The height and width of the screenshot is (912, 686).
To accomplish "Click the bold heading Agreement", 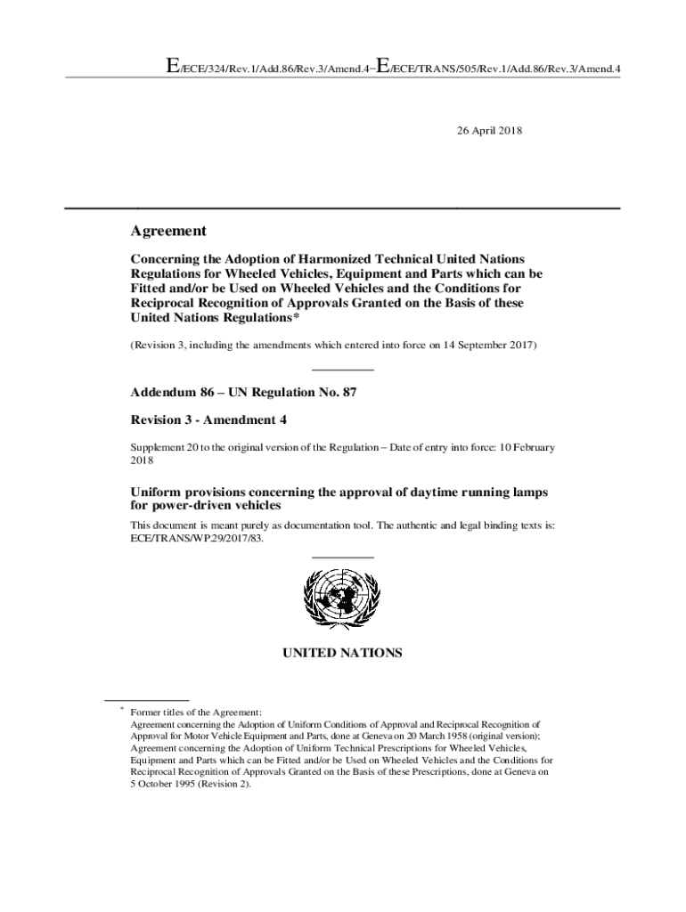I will click(168, 231).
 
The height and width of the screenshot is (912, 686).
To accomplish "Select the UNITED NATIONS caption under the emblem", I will click(342, 653).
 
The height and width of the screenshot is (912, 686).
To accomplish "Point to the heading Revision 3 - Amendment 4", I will click(208, 419).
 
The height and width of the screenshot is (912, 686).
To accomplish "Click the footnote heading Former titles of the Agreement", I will click(196, 712).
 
